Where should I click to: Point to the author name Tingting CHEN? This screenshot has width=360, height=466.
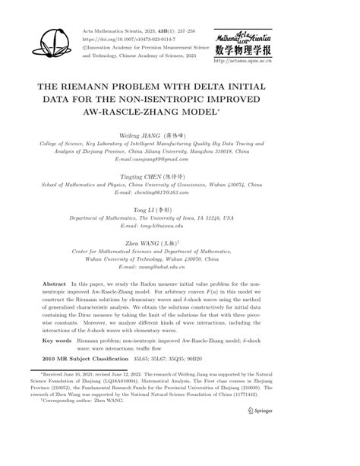[161, 176]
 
